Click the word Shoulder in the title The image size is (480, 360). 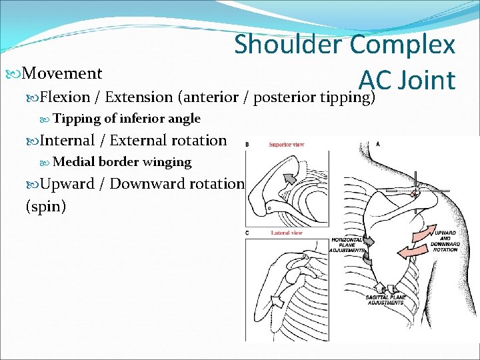coord(289,45)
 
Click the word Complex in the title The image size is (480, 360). coord(403,45)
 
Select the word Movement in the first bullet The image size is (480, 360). coord(62,73)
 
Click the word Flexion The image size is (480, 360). coord(65,97)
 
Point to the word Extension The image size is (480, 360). coord(139,97)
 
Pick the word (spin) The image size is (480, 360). coord(45,207)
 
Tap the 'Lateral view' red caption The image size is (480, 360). coord(287,233)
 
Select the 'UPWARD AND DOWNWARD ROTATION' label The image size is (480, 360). coord(445,241)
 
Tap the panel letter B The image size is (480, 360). coord(249,144)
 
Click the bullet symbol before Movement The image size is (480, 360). coord(16,73)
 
